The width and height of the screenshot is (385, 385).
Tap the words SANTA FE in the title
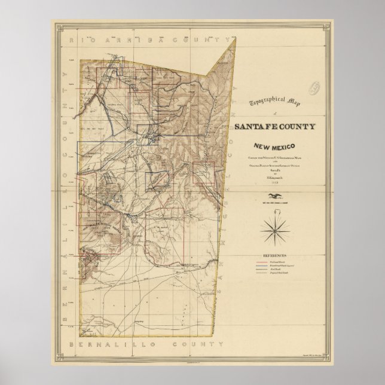coord(256,126)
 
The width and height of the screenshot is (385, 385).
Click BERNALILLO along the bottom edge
coord(108,346)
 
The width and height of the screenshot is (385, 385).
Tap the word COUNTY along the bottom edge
coord(190,346)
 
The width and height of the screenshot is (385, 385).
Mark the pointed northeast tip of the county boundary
coord(235,40)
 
